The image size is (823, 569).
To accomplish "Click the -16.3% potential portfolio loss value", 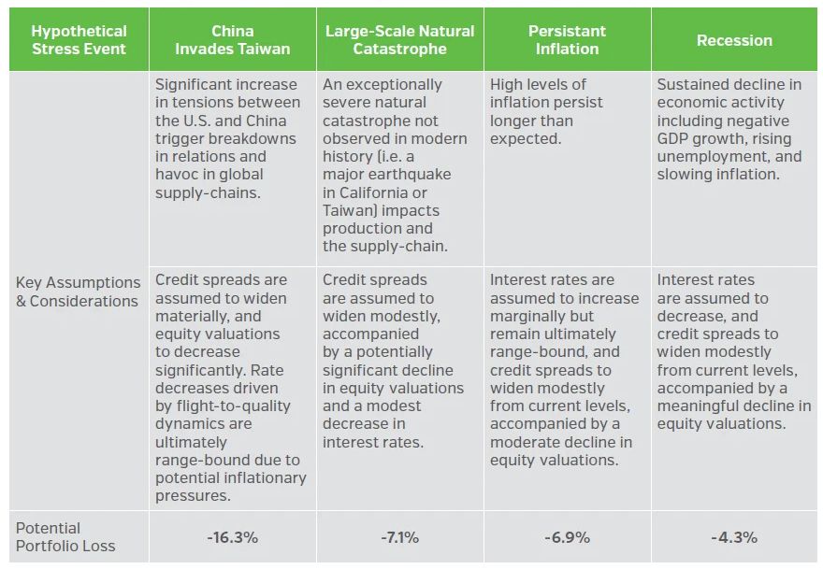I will [232, 537].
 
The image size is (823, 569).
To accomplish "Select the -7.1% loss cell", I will [399, 537].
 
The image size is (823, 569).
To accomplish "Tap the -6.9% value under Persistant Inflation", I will [567, 537].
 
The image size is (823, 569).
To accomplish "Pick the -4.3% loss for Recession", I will [734, 537].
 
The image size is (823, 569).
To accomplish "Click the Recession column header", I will [734, 40].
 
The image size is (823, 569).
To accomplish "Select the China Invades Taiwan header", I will [232, 40].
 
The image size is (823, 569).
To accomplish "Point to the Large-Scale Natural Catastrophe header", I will [399, 40].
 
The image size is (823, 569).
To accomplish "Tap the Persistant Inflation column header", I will [567, 40].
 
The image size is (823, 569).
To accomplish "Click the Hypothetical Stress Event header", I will [79, 40].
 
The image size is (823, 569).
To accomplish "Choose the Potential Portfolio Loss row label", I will [65, 537].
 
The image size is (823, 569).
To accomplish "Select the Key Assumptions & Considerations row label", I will [78, 292].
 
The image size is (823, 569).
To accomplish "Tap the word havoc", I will [178, 175].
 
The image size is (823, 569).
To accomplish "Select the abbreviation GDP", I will [673, 139].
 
